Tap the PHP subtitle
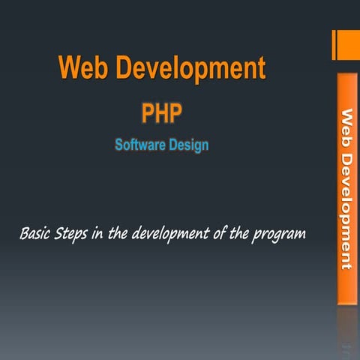click(162, 113)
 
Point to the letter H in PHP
click(162, 113)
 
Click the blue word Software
click(139, 145)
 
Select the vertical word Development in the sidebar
click(347, 206)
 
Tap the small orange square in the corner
click(348, 44)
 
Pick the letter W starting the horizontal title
click(70, 68)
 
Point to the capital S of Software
click(118, 145)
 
